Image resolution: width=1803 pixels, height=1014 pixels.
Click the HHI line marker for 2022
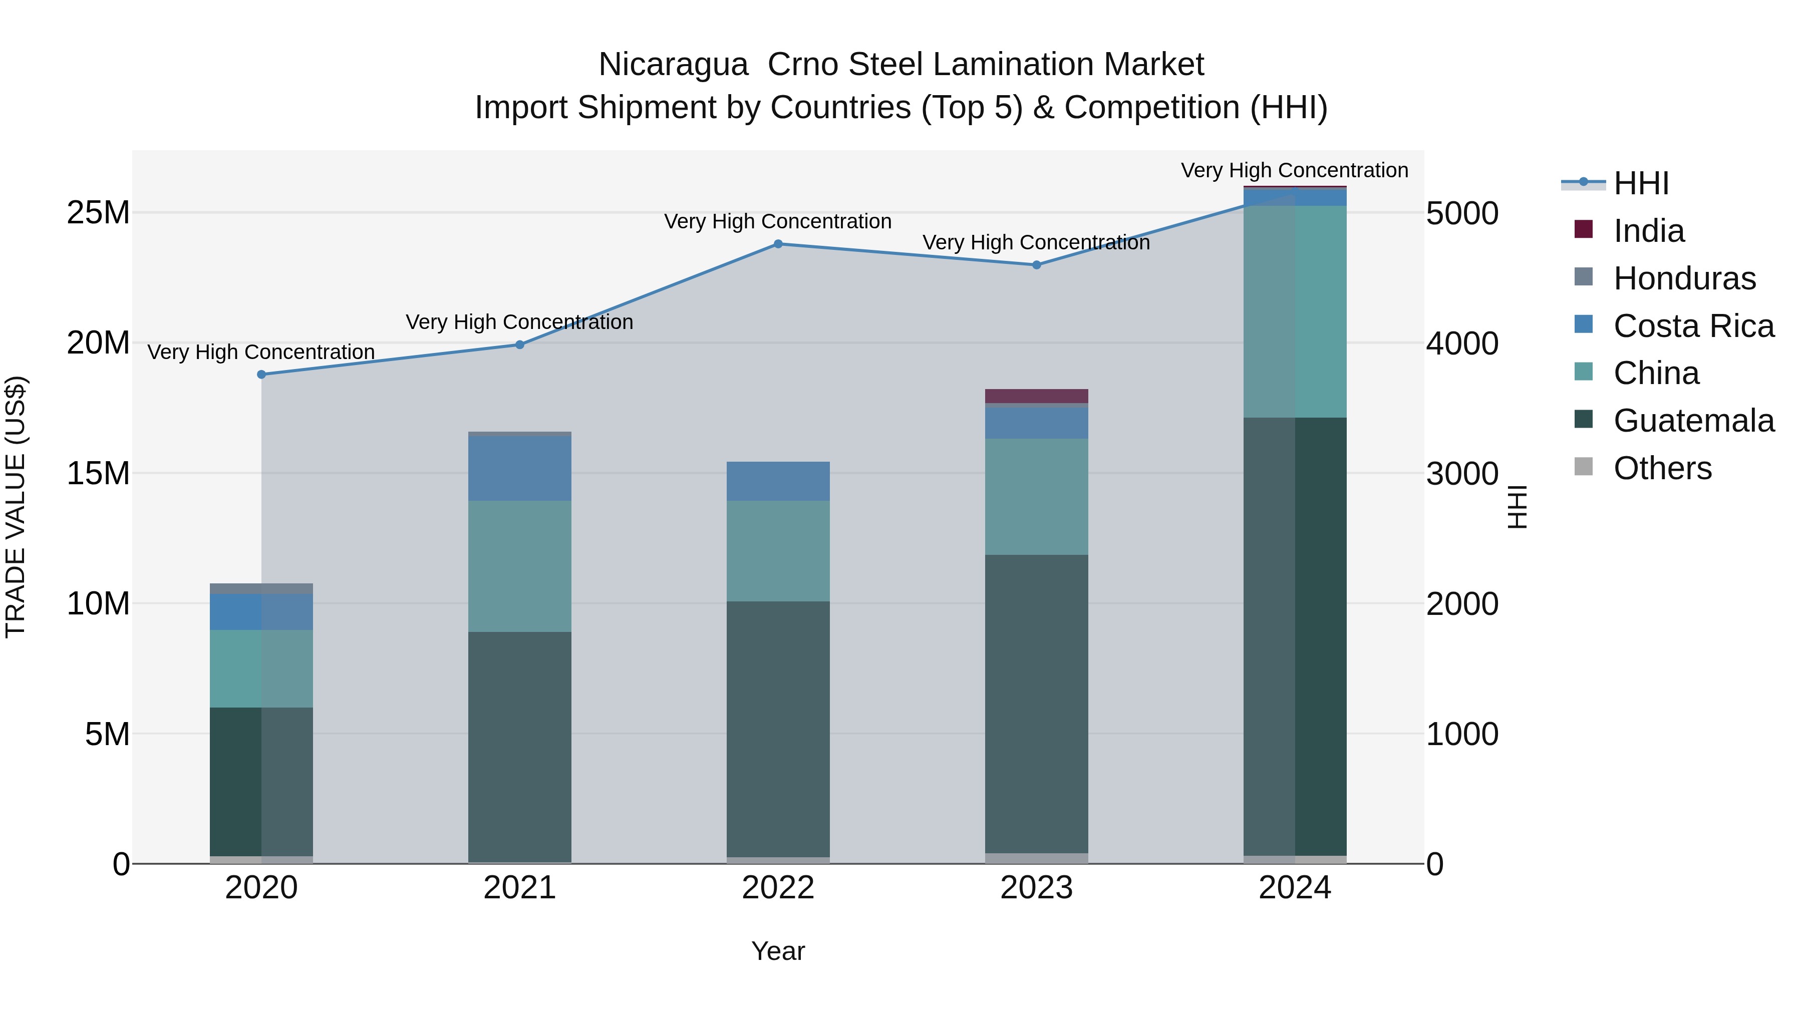(x=778, y=244)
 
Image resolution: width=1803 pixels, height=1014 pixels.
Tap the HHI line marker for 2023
(x=1037, y=265)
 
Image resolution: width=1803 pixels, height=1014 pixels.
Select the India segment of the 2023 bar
(x=1037, y=396)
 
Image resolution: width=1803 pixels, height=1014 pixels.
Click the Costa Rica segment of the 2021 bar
(x=519, y=468)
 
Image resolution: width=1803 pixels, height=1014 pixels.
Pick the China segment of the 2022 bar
(x=778, y=551)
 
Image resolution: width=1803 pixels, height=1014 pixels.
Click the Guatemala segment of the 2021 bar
(x=519, y=747)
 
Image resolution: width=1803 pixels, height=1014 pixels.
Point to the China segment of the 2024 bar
(x=1295, y=311)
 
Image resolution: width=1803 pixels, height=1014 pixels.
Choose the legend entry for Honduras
(x=1683, y=278)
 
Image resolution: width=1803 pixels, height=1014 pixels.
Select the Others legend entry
(x=1662, y=468)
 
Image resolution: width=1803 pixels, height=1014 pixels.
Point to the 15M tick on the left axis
(x=98, y=474)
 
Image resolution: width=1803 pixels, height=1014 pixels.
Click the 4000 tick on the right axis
(x=1462, y=344)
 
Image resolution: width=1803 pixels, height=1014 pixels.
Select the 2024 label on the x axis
(x=1295, y=888)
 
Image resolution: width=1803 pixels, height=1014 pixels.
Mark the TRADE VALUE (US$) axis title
(x=16, y=507)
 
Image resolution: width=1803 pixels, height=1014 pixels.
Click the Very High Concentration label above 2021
(x=519, y=322)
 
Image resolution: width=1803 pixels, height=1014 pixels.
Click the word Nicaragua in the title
(x=673, y=65)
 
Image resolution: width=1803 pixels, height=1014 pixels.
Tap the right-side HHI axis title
(x=1517, y=507)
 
